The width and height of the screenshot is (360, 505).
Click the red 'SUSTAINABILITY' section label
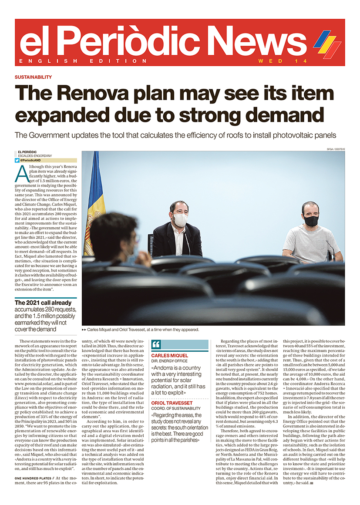coord(33,77)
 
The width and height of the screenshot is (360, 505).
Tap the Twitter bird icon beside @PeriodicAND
coord(17,160)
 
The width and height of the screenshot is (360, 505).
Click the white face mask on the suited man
coord(180,219)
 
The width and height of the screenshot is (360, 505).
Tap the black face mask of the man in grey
coord(311,220)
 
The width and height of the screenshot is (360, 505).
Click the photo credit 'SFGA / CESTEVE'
coord(335,149)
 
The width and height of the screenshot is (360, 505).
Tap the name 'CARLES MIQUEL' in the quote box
coord(170,356)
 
